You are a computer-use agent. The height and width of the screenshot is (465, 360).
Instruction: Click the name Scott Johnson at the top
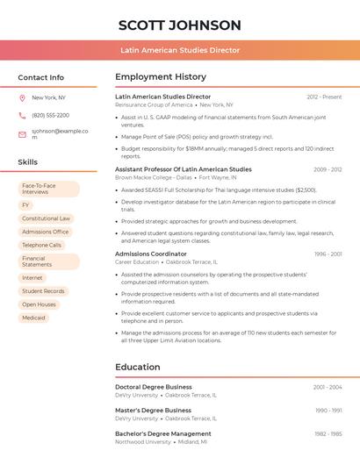coord(179,25)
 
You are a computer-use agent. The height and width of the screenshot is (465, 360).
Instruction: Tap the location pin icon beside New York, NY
coord(22,97)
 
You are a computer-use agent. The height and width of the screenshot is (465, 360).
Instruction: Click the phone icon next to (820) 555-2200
coord(22,115)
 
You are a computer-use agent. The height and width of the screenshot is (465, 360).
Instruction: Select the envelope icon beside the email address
coord(22,134)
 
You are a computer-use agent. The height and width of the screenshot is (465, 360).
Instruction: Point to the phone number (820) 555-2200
coord(50,115)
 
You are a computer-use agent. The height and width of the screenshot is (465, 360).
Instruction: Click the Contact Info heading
coord(41,77)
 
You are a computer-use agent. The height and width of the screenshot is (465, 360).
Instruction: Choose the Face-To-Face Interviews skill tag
coord(48,189)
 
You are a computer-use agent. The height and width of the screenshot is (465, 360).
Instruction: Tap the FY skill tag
coord(25,204)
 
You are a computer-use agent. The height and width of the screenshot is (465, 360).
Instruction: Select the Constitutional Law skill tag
coord(46,218)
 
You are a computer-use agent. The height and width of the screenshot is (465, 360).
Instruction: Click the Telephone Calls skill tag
coord(41,245)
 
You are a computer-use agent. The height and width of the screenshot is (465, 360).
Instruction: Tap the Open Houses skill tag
coord(39,304)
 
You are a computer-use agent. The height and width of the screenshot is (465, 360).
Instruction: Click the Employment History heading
coord(161,77)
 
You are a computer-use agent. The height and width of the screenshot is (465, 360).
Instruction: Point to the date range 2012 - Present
coord(324,97)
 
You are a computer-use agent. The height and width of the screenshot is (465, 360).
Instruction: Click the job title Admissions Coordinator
coord(151,254)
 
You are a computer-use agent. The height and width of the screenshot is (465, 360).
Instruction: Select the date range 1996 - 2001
coord(328,254)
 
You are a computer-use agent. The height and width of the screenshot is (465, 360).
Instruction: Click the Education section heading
coord(137,367)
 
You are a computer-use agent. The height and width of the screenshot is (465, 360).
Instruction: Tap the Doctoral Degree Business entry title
coord(154,386)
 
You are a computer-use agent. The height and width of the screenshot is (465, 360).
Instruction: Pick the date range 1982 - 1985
coord(328,433)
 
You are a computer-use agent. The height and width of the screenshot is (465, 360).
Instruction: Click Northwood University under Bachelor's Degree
coord(143,442)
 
